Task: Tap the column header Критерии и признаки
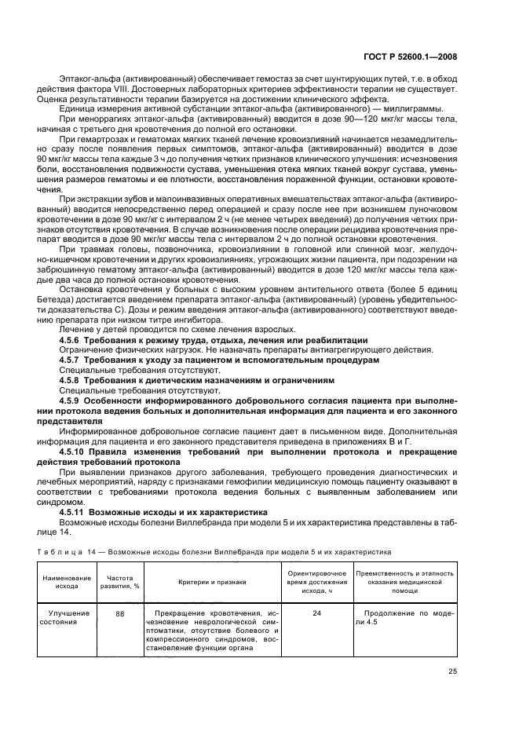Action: click(x=211, y=580)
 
